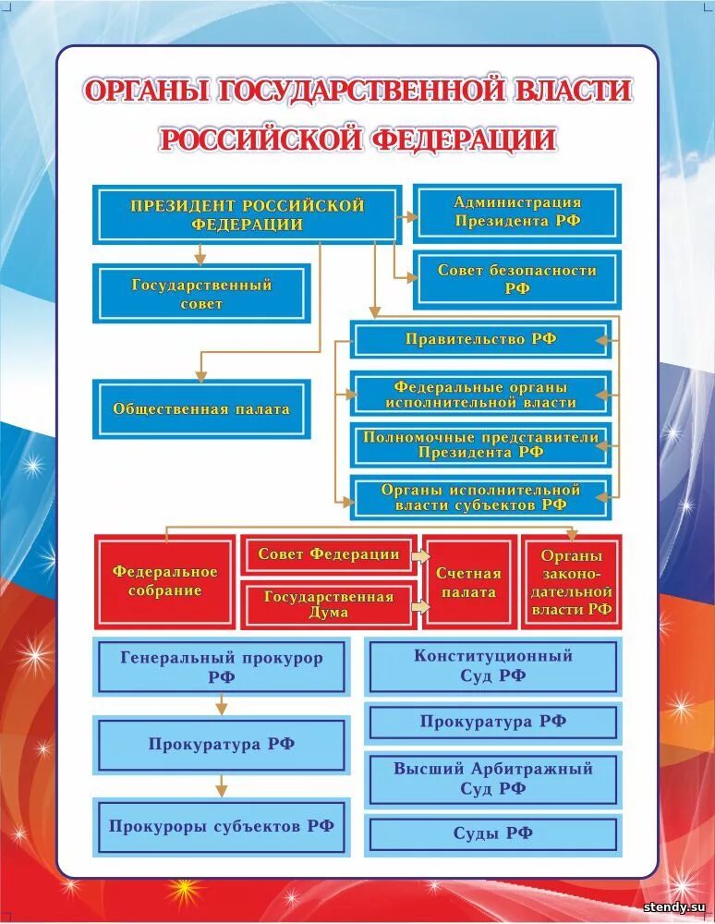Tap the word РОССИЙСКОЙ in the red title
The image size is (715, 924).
260,140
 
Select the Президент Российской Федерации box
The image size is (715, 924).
247,214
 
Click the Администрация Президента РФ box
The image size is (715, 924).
516,213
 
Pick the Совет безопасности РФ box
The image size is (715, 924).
516,279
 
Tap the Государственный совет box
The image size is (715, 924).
201,294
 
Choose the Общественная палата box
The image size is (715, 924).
201,408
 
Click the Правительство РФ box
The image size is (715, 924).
480,339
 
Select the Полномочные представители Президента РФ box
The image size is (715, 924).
480,444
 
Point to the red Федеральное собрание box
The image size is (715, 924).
164,581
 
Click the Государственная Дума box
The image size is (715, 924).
328,604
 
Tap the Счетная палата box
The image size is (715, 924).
468,581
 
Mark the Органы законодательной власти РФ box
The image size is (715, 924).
571,581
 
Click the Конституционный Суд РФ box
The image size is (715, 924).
492,665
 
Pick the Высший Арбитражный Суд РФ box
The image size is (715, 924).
492,778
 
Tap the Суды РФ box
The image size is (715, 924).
492,833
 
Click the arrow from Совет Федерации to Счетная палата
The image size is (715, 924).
421,556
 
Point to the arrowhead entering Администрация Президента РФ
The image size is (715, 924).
408,214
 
